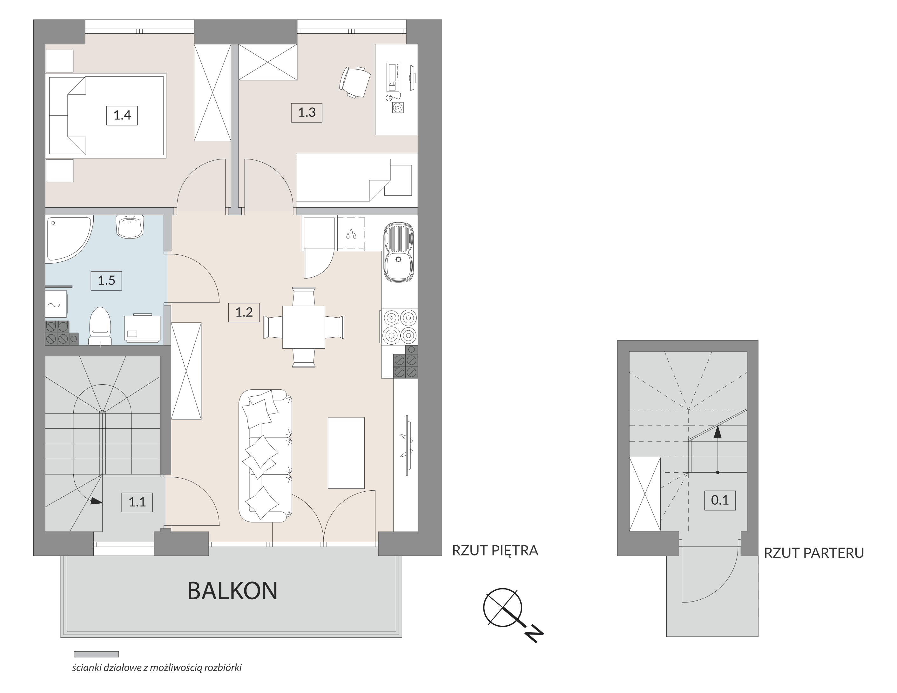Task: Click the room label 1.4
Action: [x=122, y=115]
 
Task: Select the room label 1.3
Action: [x=307, y=112]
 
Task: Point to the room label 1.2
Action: [x=244, y=312]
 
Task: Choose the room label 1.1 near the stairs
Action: [x=137, y=502]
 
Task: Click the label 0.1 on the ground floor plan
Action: [x=719, y=500]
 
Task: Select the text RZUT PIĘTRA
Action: [x=495, y=550]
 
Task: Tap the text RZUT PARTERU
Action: [x=814, y=553]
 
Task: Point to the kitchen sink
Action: [x=398, y=252]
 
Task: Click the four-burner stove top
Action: [x=400, y=326]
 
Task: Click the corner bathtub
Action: [x=69, y=238]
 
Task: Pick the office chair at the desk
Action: [x=354, y=82]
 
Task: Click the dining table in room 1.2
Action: [x=304, y=327]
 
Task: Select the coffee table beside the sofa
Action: [x=346, y=453]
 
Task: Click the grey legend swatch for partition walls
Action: [x=96, y=654]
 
